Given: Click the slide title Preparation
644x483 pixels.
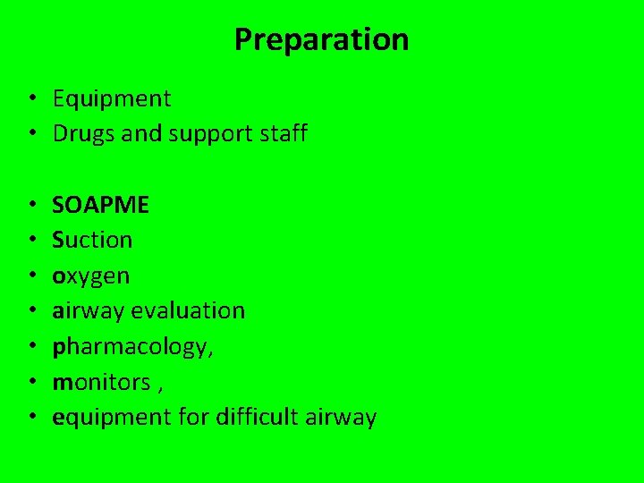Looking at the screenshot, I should coord(321,40).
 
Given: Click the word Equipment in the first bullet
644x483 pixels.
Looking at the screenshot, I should coord(111,99).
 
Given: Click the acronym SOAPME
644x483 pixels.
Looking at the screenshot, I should coord(100,206).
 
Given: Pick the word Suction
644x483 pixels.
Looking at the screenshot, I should coord(92,240).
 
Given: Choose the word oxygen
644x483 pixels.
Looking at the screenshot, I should coord(90,276).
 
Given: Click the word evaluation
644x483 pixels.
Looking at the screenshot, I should coord(187,310).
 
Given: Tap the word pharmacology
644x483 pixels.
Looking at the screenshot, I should coord(131,347).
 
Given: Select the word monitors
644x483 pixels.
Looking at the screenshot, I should coord(101,382).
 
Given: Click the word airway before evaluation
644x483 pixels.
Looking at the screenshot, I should coord(89,311).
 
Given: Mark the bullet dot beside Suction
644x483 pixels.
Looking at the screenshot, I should coord(31,241).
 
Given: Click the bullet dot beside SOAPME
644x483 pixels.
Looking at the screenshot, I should coord(31,206).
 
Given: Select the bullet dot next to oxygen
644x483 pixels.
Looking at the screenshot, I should coord(31,275).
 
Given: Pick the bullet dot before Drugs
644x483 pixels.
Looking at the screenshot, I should coord(31,134).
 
